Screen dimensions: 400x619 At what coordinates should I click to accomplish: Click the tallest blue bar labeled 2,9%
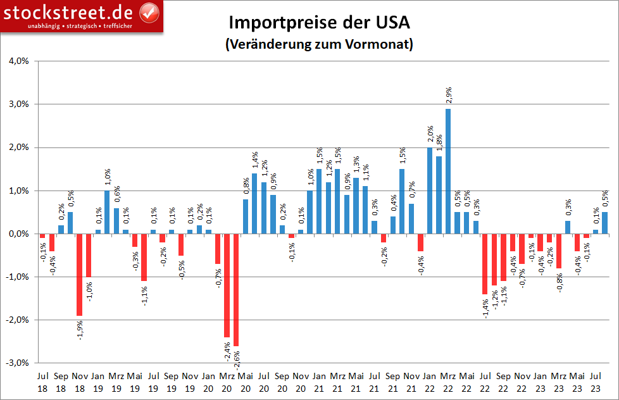(x=448, y=171)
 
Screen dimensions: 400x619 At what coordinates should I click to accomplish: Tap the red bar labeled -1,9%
(x=79, y=275)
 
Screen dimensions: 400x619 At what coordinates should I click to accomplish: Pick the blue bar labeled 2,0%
(x=430, y=191)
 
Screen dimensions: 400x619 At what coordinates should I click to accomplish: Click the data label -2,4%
(x=227, y=351)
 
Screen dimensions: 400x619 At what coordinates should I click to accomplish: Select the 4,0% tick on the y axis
(x=18, y=61)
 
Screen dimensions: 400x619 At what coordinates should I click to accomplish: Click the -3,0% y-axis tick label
(x=17, y=363)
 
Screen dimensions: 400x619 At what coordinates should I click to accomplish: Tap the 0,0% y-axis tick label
(x=18, y=234)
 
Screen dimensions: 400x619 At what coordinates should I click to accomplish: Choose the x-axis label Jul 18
(x=42, y=382)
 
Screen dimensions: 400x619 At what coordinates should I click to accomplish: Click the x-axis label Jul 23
(x=595, y=382)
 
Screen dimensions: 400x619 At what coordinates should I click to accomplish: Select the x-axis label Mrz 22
(x=448, y=382)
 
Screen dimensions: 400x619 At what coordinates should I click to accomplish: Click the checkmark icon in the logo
(x=148, y=11)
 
